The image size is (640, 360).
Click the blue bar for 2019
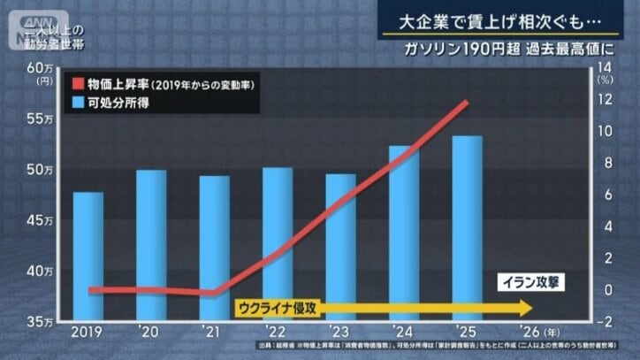88,256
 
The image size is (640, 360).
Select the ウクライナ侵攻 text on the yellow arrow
278,308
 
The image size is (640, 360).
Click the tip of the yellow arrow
532,308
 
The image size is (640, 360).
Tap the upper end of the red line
467,103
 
